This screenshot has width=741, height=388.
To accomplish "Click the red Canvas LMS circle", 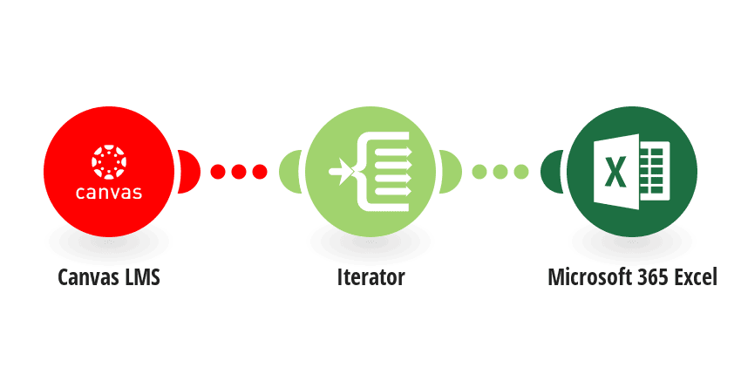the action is [x=109, y=172].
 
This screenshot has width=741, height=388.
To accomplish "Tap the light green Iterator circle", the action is [x=370, y=172].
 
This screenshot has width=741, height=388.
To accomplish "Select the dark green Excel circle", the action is [x=632, y=172].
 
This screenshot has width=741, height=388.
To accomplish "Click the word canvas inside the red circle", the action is [x=109, y=192].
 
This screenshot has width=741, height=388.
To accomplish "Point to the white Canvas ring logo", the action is [x=109, y=162].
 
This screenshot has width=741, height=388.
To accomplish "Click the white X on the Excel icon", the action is [x=615, y=172].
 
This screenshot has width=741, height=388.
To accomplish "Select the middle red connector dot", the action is [x=239, y=172].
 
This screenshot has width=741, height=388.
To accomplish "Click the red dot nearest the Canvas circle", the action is [x=218, y=172].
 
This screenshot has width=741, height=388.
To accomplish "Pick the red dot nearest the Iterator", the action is [x=260, y=172].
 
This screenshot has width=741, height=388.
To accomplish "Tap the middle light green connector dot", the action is [x=500, y=172].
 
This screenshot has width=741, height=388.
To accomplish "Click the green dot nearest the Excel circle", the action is [x=520, y=172].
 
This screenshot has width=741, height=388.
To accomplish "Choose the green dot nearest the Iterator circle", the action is [x=479, y=172].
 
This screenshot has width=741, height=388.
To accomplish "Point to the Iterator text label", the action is [x=371, y=277].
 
